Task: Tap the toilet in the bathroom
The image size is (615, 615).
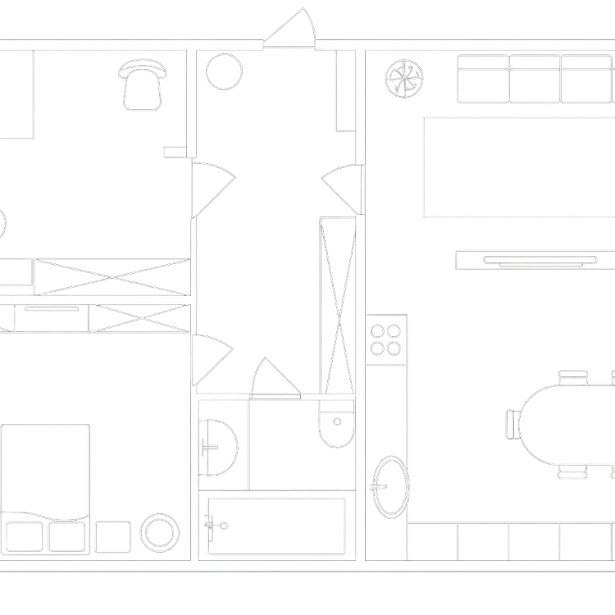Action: (335, 425)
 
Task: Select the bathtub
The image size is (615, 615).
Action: (276, 525)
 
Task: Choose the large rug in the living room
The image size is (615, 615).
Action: (519, 166)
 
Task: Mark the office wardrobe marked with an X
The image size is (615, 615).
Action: (111, 276)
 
